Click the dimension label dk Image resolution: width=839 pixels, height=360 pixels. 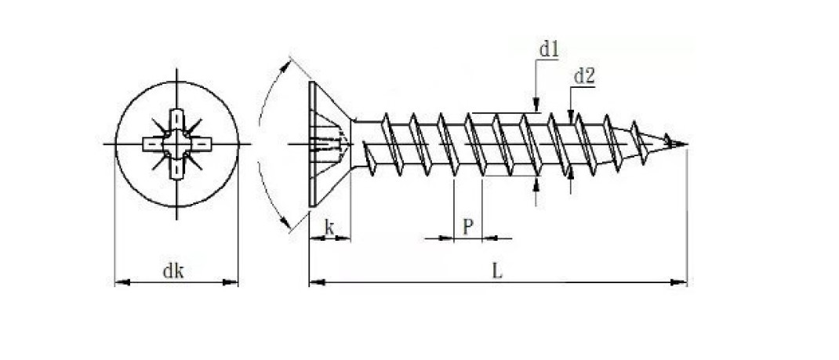coord(173,271)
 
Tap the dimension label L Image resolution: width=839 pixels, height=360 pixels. coord(497,271)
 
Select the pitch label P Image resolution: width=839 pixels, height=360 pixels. coord(467,227)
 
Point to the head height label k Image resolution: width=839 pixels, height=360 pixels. coord(329,228)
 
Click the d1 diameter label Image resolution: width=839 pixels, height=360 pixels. coord(548,49)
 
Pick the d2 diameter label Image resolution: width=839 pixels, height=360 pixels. coord(583,77)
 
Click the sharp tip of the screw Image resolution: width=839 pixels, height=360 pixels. coord(687,144)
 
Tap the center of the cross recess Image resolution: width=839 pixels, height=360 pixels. coord(176,144)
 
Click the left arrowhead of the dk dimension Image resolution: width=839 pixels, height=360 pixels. coord(122,282)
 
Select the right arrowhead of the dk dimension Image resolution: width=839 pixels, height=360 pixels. coord(231,282)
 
